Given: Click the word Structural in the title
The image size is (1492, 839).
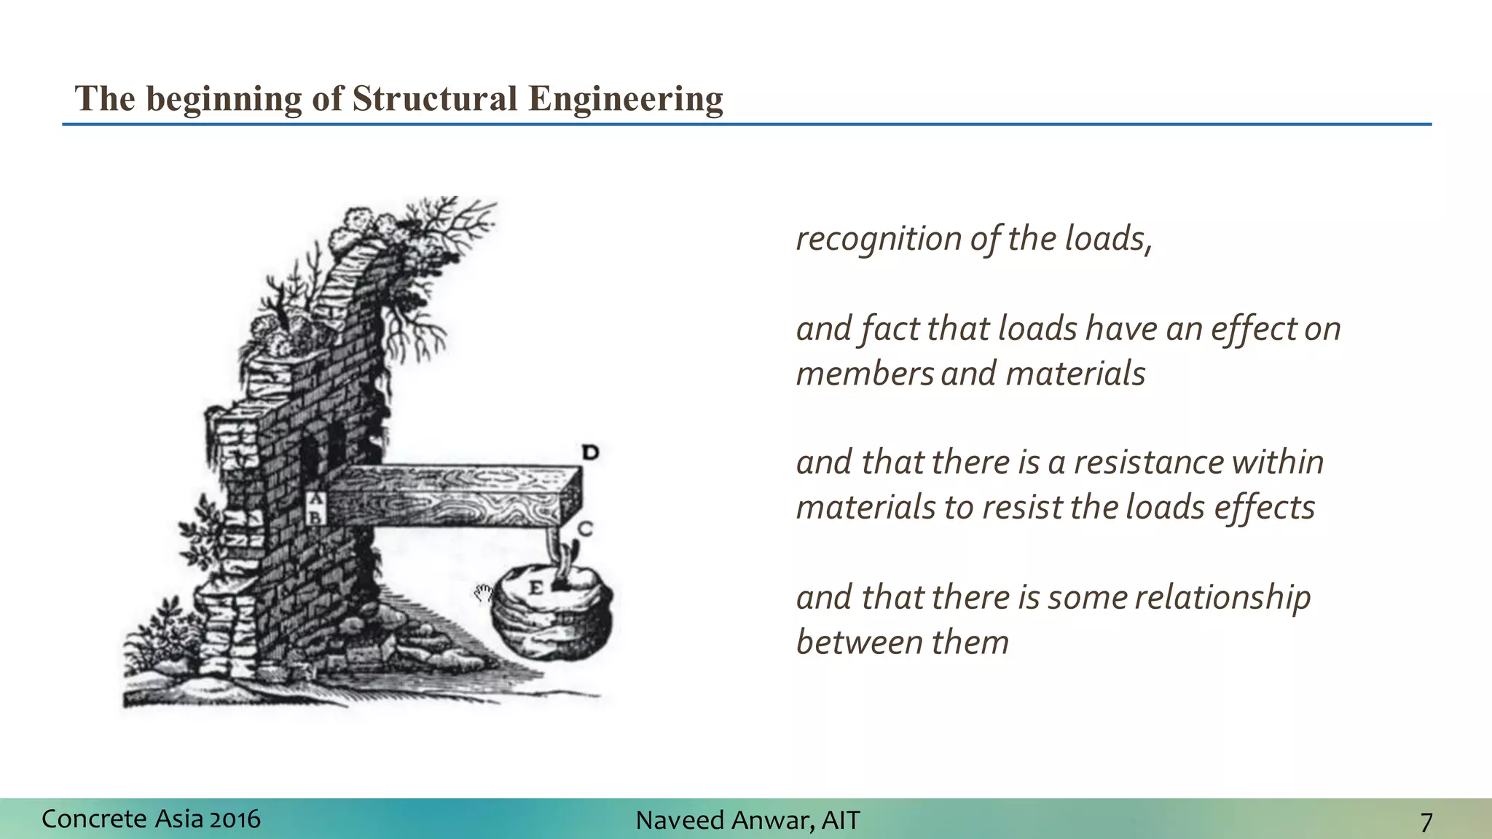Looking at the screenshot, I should tap(435, 98).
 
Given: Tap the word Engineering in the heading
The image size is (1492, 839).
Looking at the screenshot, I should tap(625, 100).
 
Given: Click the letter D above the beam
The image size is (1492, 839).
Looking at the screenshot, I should tap(590, 452).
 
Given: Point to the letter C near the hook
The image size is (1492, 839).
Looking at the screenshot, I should tap(585, 528).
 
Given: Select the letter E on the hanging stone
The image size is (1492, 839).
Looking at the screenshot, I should tap(535, 588).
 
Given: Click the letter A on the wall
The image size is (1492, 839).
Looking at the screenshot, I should tap(315, 500).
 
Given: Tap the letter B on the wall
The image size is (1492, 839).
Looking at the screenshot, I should tap(315, 517).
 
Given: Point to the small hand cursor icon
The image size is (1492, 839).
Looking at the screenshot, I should tap(483, 593).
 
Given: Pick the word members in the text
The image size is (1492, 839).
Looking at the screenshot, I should tap(864, 374).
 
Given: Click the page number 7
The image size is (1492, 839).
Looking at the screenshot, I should tap(1426, 822).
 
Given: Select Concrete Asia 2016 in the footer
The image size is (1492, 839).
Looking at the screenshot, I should tap(151, 819).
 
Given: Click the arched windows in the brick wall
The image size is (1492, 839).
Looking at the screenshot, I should tap(323, 444).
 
